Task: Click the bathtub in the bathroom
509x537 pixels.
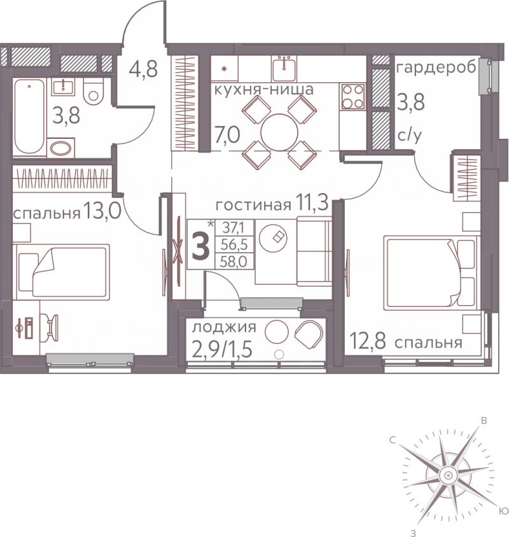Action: coord(29,117)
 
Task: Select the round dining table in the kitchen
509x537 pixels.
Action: coord(279,132)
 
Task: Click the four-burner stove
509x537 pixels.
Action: coord(352,96)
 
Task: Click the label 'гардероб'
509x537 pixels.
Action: coord(436,68)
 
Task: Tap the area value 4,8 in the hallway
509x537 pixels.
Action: coord(143,69)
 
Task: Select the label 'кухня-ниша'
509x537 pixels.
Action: coord(264,89)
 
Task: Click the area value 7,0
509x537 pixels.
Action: coord(227,134)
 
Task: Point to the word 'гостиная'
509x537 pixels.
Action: coord(253,205)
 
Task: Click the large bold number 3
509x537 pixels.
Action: coord(201,246)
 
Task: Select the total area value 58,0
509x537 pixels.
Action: coord(234,262)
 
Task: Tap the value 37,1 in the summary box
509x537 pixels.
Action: coord(234,227)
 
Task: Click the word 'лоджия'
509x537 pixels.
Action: coord(224,327)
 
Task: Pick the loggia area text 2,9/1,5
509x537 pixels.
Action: coord(222,349)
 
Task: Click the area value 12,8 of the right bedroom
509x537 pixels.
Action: coord(368,342)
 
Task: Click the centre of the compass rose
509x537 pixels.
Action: coord(448,475)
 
